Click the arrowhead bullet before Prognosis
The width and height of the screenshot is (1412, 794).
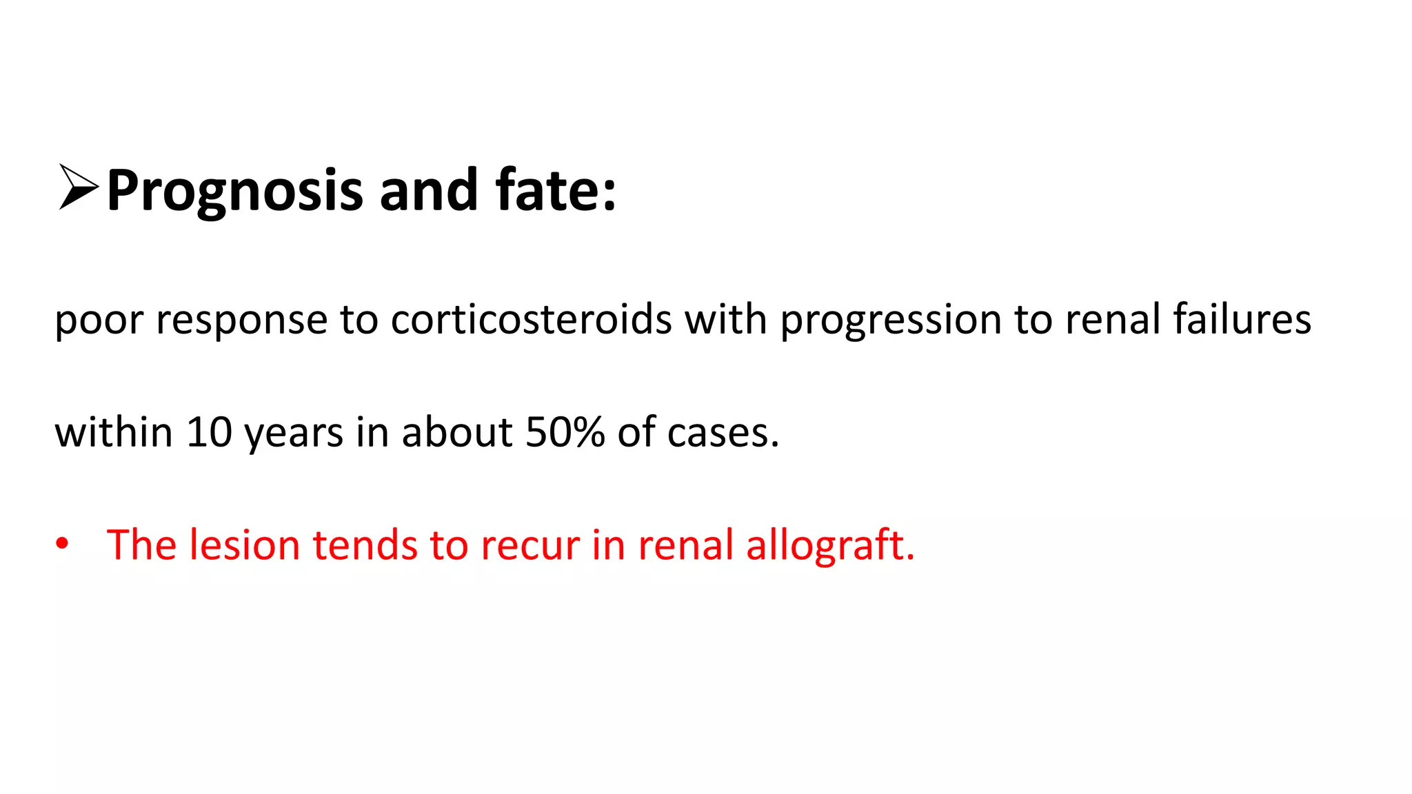click(x=78, y=187)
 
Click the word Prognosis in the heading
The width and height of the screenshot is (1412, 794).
click(x=234, y=191)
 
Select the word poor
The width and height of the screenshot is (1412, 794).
click(x=99, y=320)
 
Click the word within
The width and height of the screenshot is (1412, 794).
click(x=114, y=433)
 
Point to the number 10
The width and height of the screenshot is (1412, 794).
click(x=209, y=433)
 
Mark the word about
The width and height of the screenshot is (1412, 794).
click(x=456, y=433)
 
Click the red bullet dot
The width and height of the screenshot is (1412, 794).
click(x=63, y=544)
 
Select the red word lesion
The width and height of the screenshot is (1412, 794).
click(x=245, y=545)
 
